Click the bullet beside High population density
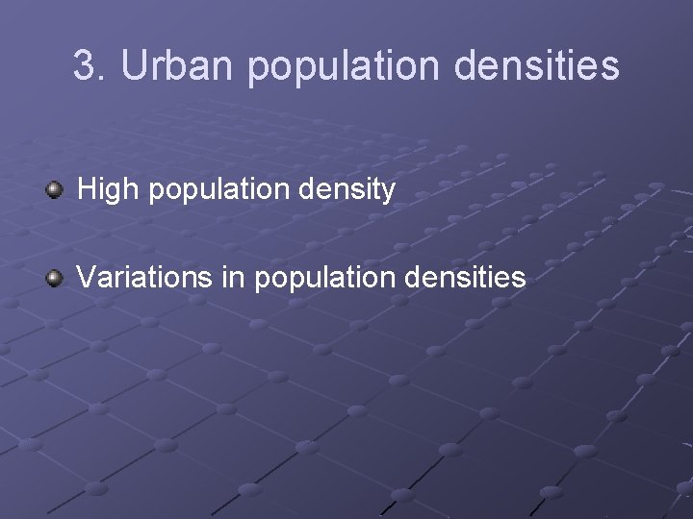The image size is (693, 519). pyautogui.click(x=55, y=189)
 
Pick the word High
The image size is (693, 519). pyautogui.click(x=108, y=190)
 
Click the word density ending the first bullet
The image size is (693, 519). pyautogui.click(x=352, y=191)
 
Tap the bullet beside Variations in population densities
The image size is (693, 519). pyautogui.click(x=55, y=279)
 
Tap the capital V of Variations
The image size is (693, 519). pyautogui.click(x=86, y=279)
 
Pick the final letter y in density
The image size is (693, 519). pyautogui.click(x=389, y=193)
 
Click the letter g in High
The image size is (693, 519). pyautogui.click(x=115, y=193)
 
